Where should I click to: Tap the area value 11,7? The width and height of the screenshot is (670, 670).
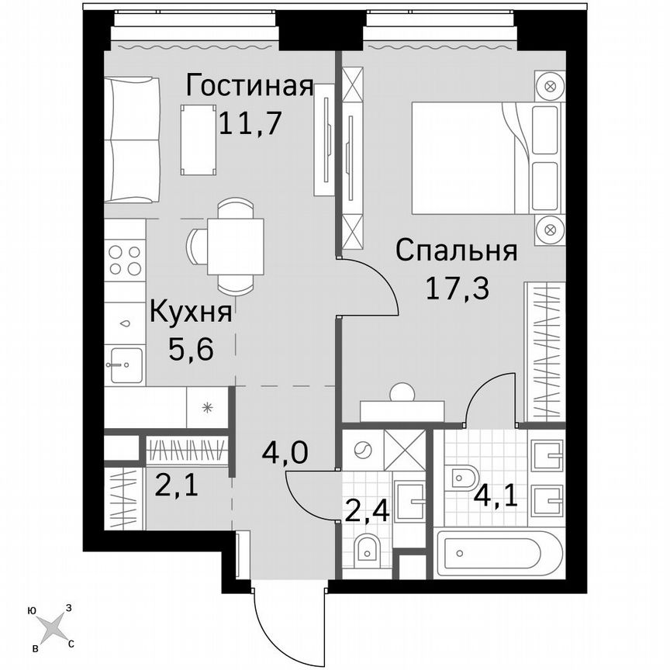point(248,123)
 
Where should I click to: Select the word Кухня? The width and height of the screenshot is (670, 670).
point(190,314)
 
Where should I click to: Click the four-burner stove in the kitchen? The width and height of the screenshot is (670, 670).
point(125,261)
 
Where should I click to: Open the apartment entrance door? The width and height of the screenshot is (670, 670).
point(287,613)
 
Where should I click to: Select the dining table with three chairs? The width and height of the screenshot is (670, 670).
point(235,247)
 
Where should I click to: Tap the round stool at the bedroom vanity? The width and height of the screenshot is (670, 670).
point(402,392)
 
